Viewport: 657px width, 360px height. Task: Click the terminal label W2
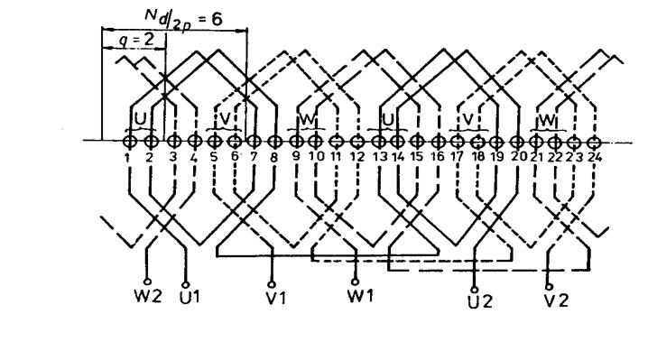pyautogui.click(x=148, y=297)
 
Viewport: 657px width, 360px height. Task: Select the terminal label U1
pyautogui.click(x=190, y=297)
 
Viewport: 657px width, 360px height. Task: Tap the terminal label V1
pyautogui.click(x=276, y=297)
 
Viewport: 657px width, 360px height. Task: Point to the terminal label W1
pyautogui.click(x=360, y=295)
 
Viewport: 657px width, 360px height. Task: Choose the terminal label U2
pyautogui.click(x=480, y=301)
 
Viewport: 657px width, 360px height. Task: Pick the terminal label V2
pyautogui.click(x=556, y=300)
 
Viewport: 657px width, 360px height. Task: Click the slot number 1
pyautogui.click(x=126, y=158)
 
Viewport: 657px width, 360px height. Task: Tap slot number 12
pyautogui.click(x=356, y=158)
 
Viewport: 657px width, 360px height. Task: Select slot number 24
pyautogui.click(x=595, y=157)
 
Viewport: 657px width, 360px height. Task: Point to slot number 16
pyautogui.click(x=437, y=158)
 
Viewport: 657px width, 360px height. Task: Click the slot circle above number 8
pyautogui.click(x=274, y=142)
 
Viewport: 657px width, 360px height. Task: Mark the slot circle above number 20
pyautogui.click(x=518, y=143)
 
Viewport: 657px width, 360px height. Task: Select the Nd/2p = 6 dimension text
pyautogui.click(x=183, y=19)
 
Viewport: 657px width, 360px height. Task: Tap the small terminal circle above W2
pyautogui.click(x=147, y=282)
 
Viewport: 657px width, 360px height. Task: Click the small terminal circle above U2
pyautogui.click(x=475, y=290)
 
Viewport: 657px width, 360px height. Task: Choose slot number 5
pyautogui.click(x=214, y=157)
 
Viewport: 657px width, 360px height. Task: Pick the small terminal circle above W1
pyautogui.click(x=355, y=282)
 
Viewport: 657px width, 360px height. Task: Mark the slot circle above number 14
pyautogui.click(x=397, y=142)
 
